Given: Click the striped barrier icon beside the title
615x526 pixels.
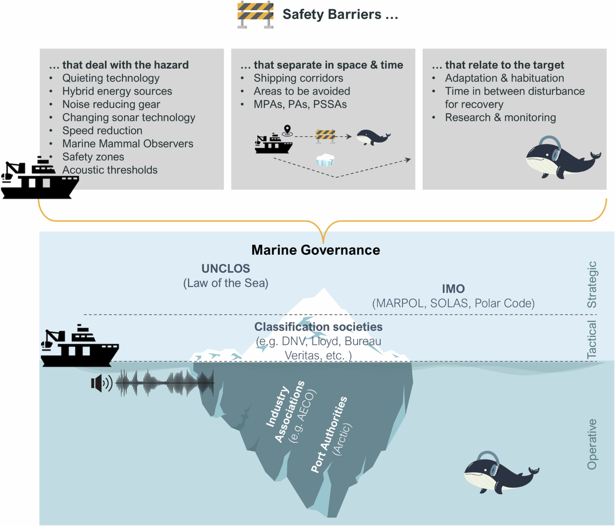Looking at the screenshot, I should pyautogui.click(x=255, y=15).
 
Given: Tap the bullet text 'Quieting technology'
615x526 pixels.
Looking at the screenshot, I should pyautogui.click(x=111, y=78).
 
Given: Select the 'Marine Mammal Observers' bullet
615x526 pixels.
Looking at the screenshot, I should pyautogui.click(x=128, y=144).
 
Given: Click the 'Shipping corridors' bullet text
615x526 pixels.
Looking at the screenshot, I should pyautogui.click(x=298, y=78).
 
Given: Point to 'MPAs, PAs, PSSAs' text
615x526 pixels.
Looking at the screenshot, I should pyautogui.click(x=300, y=104).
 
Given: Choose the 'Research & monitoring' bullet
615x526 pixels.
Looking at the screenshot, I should pyautogui.click(x=500, y=117).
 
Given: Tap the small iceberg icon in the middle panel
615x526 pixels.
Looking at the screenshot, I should pyautogui.click(x=325, y=159).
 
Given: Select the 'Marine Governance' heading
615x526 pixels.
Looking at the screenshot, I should pyautogui.click(x=316, y=250).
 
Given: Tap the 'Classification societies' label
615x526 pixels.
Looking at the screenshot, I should pyautogui.click(x=318, y=327).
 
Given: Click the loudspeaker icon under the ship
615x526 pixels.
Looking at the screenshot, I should pyautogui.click(x=101, y=383).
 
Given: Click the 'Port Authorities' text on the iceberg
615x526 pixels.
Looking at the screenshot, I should pyautogui.click(x=329, y=433).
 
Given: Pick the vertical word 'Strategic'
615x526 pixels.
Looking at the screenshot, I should pyautogui.click(x=592, y=285).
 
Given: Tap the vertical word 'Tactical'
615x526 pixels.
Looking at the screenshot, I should pyautogui.click(x=592, y=339).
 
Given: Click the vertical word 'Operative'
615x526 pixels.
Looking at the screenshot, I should pyautogui.click(x=592, y=444).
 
